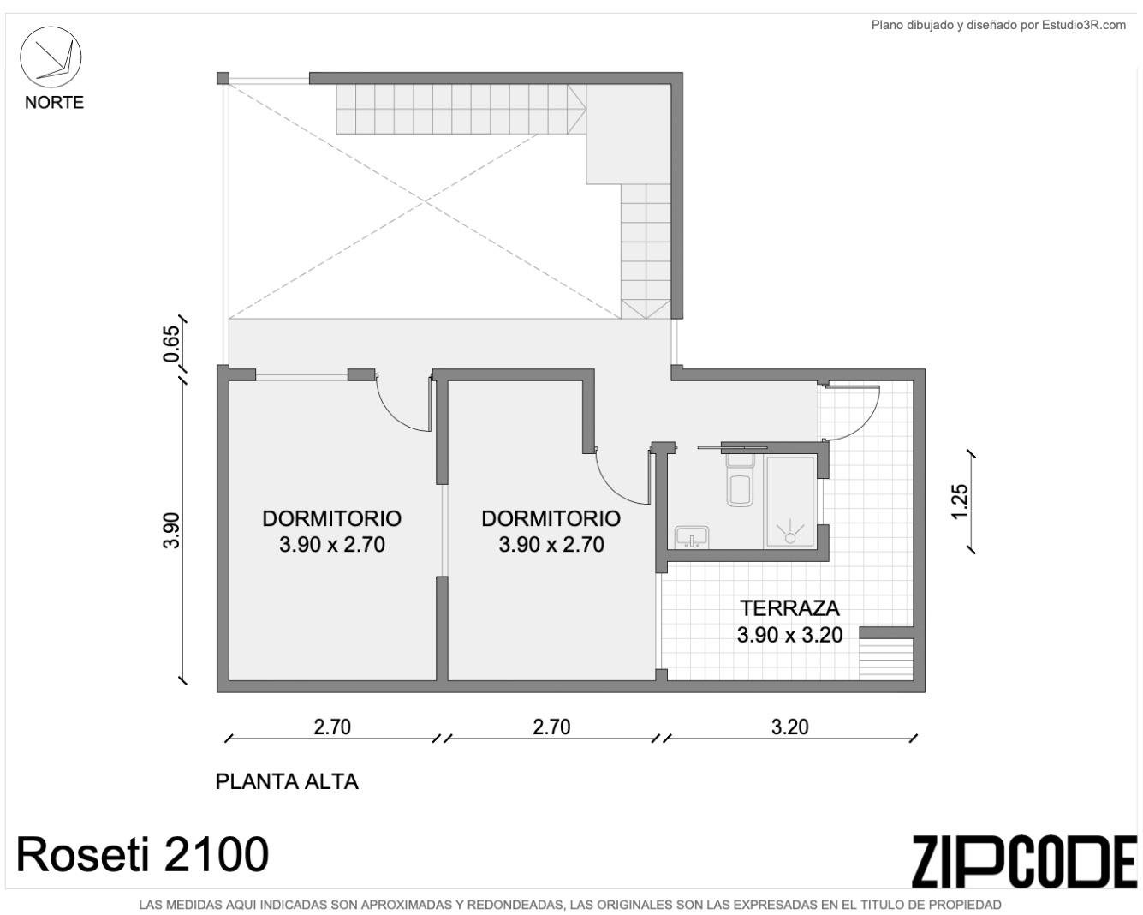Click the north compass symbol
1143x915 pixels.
[51, 57]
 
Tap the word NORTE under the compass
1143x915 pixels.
[54, 102]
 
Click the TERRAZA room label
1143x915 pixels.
[789, 608]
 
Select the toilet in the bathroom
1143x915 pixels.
[740, 480]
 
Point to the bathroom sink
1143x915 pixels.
[692, 536]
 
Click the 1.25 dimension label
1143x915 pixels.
[961, 501]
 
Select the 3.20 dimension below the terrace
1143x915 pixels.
[789, 727]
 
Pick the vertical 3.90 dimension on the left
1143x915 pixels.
[171, 530]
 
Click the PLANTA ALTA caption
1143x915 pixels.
[287, 781]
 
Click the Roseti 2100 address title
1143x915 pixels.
[143, 854]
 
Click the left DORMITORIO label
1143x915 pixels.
[332, 518]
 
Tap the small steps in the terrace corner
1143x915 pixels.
[886, 660]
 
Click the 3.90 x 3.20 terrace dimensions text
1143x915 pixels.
[789, 635]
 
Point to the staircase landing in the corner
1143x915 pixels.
[628, 135]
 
